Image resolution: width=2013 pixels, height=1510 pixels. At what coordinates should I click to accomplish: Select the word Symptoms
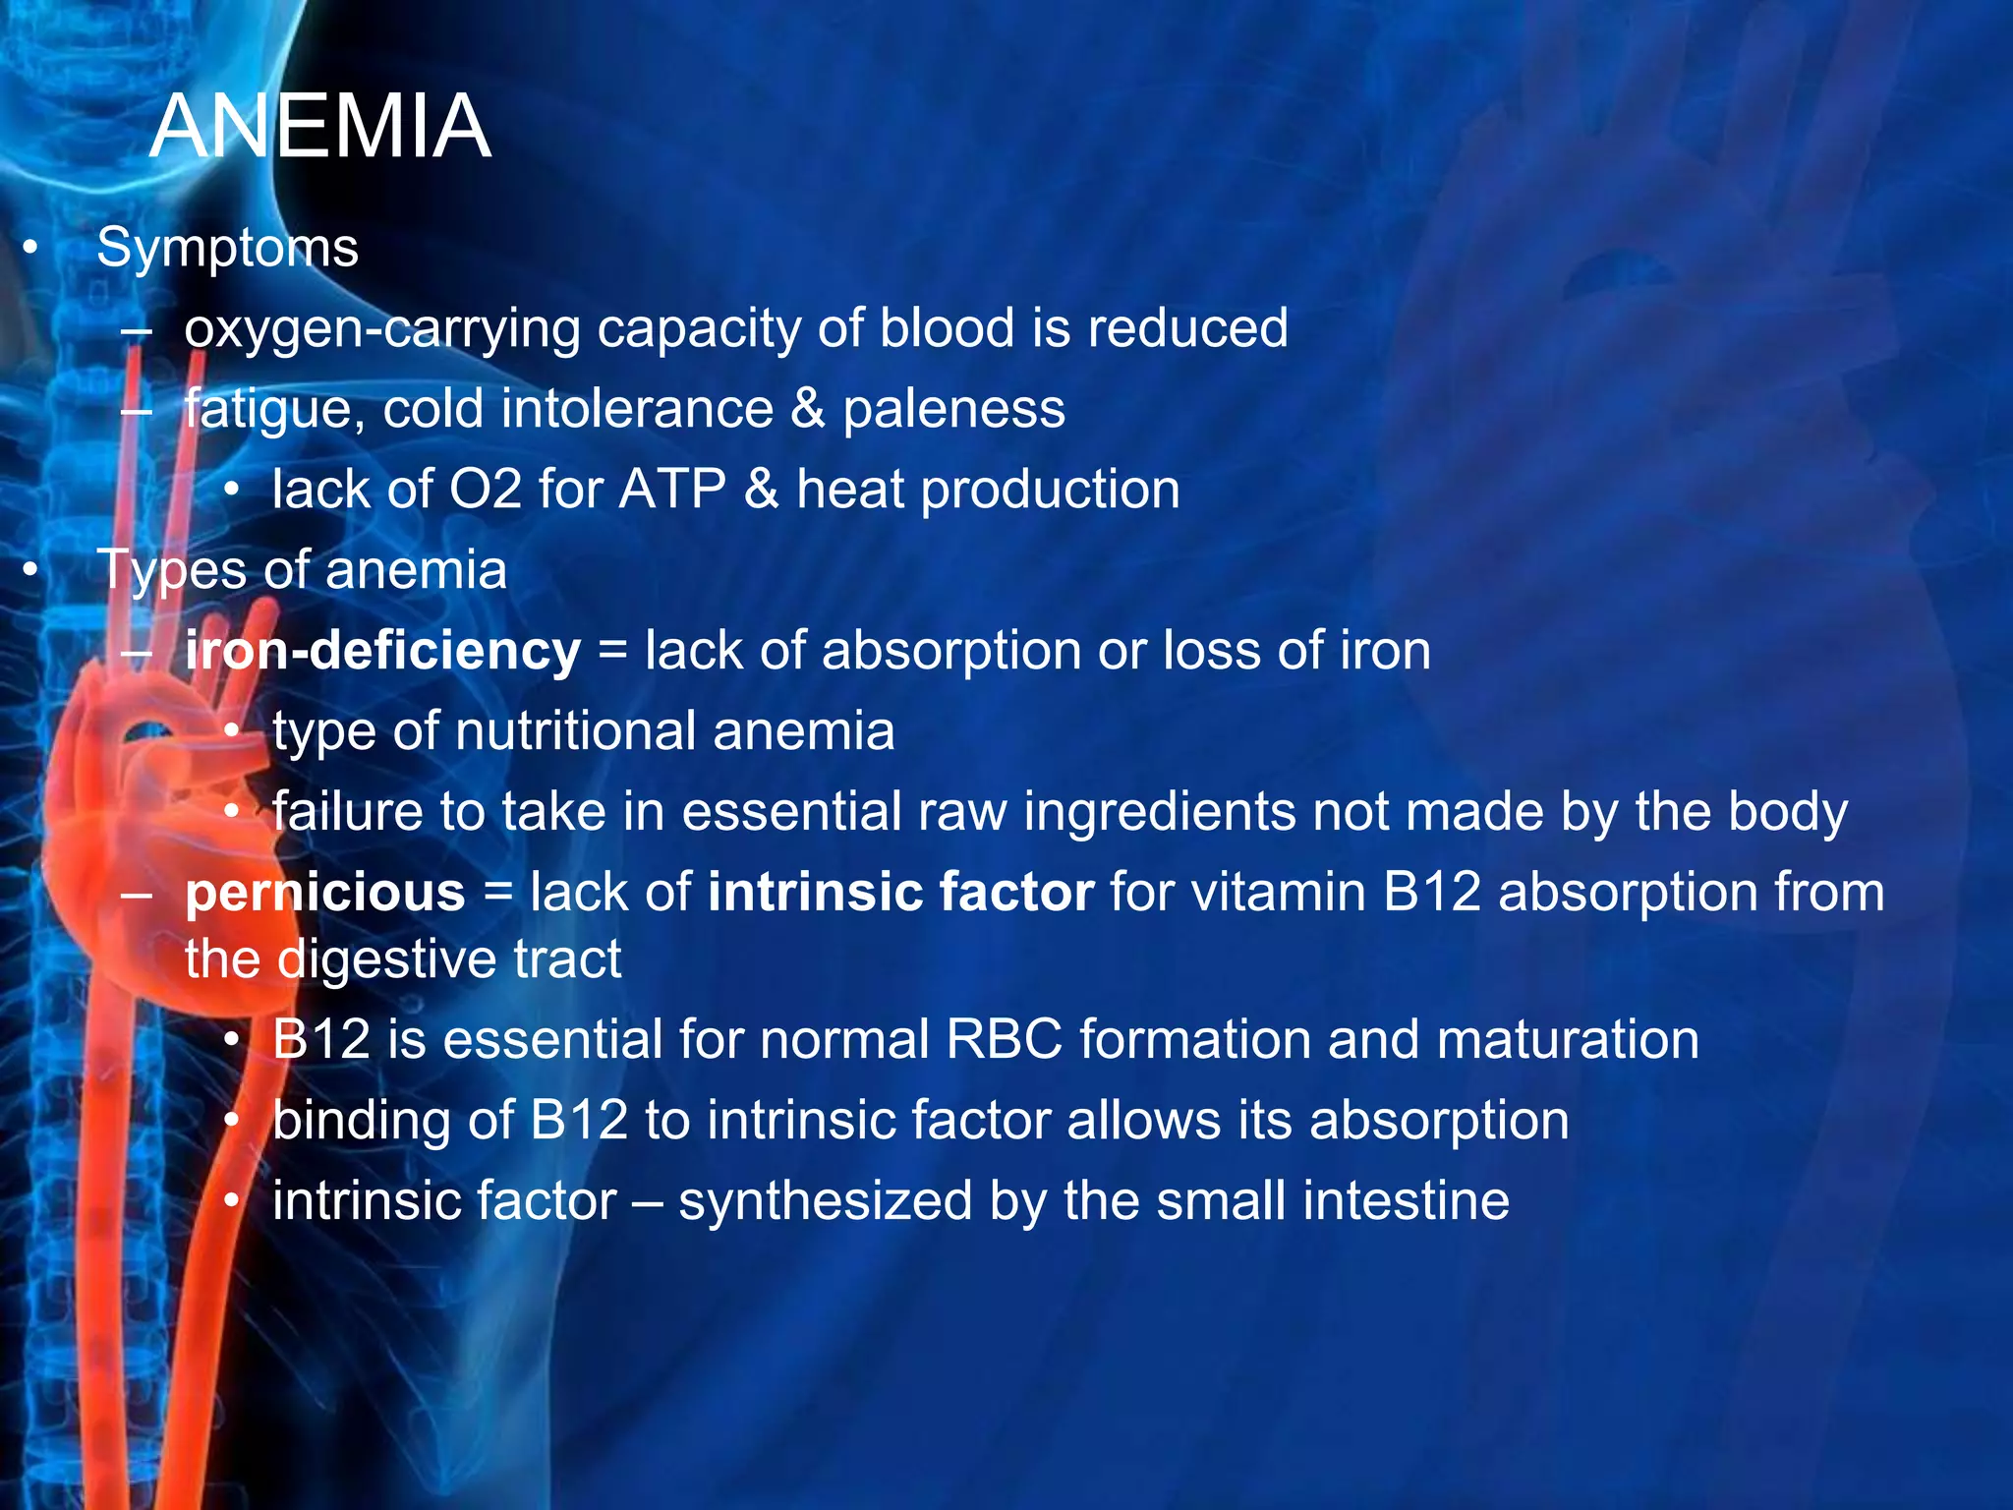point(227,248)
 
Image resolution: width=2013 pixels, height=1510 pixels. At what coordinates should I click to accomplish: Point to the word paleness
point(953,409)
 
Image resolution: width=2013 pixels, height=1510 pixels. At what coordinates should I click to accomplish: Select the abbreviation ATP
point(672,490)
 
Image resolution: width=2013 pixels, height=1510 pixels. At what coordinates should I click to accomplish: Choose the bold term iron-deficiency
point(382,651)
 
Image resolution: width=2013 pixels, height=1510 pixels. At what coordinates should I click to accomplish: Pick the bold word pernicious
point(324,893)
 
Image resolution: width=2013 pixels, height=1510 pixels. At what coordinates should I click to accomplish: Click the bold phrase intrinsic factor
point(900,893)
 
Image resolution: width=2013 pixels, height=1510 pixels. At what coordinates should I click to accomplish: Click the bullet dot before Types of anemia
point(31,570)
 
